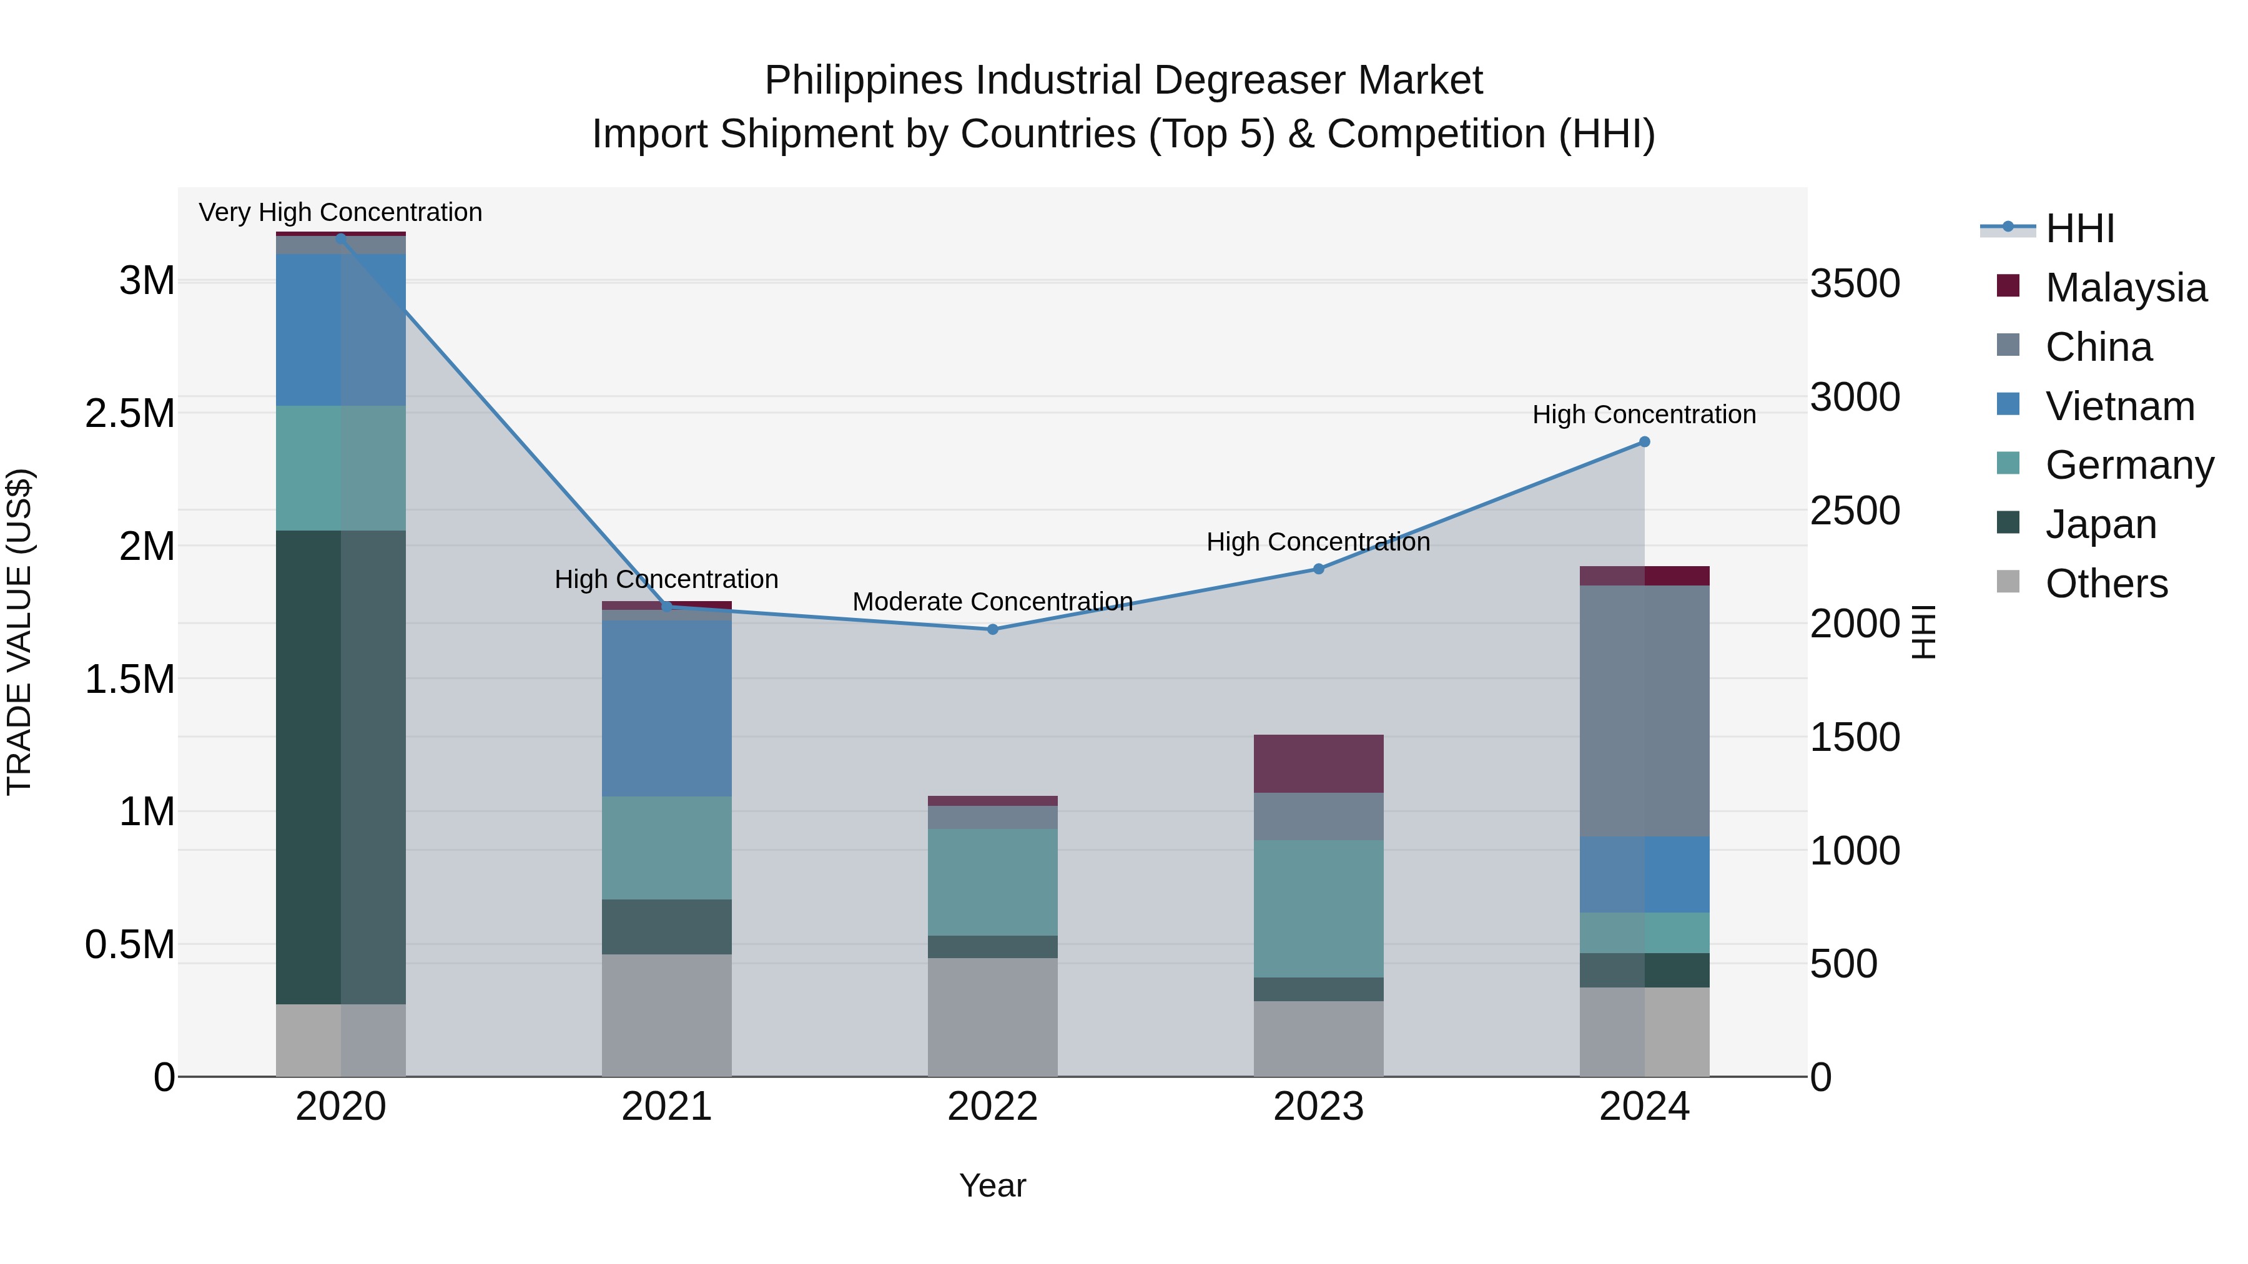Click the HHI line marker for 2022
(x=992, y=629)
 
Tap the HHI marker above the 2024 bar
(x=1644, y=441)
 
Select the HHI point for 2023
(x=1319, y=569)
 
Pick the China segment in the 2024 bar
(x=1644, y=710)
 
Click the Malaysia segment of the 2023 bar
(x=1319, y=763)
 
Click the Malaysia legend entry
(x=2126, y=288)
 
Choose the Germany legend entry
(x=2129, y=465)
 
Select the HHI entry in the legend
(x=2079, y=228)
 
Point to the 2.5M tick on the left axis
(x=130, y=413)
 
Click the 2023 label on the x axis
(x=1319, y=1106)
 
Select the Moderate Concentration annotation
(x=992, y=601)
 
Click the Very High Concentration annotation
(x=340, y=212)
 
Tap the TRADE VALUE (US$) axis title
(x=19, y=632)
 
